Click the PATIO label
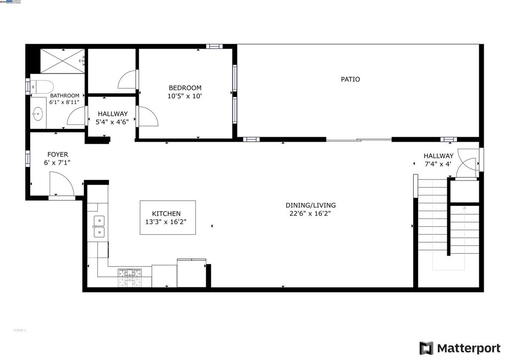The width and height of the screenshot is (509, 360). (x=350, y=80)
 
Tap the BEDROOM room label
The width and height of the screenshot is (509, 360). (x=185, y=88)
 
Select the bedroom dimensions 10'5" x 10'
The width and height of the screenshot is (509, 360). (x=185, y=96)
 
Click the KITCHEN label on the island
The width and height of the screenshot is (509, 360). (x=166, y=214)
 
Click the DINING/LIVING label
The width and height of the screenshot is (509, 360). (x=311, y=205)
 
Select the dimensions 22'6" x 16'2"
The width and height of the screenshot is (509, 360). (x=311, y=214)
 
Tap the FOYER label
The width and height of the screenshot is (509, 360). (x=58, y=155)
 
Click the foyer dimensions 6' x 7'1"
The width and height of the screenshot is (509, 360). (x=58, y=163)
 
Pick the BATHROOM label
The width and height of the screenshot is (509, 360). (x=65, y=95)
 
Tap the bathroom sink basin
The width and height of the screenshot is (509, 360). (x=38, y=114)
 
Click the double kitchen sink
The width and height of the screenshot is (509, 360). (x=99, y=226)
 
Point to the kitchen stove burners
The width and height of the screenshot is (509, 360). (x=130, y=278)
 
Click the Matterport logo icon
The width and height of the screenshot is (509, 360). (x=426, y=348)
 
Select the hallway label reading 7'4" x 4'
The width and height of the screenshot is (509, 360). (x=438, y=164)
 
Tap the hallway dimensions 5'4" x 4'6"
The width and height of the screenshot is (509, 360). (x=112, y=122)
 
